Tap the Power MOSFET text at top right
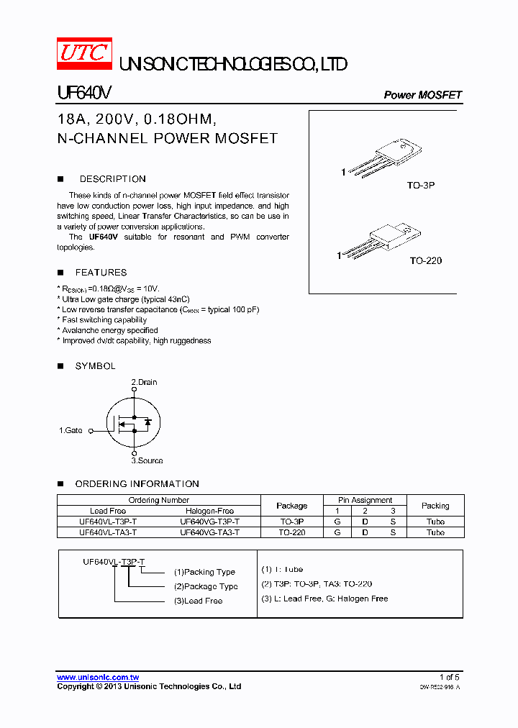422,95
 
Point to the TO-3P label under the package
421,185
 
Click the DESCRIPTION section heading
112,179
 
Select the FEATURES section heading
101,273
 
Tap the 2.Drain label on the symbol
144,382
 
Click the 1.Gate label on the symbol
71,430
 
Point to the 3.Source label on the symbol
147,460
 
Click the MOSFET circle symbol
133,422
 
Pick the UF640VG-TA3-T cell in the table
209,532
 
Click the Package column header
291,506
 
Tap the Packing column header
435,506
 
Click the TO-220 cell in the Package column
291,532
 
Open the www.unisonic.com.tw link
98,678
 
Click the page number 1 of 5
449,678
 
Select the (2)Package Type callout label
205,586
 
